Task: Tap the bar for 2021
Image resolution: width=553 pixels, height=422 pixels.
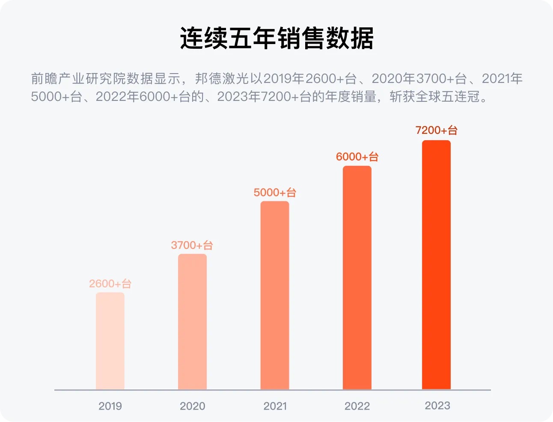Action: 275,295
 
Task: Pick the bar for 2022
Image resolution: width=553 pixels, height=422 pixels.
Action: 357,278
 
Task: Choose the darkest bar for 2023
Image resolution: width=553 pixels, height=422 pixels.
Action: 436,265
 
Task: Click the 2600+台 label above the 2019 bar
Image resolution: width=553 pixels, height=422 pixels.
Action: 110,283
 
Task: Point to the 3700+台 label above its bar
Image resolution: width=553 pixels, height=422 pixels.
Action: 192,245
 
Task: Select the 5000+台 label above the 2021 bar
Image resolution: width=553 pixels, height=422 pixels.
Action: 275,192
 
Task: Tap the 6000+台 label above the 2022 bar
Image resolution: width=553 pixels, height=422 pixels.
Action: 357,157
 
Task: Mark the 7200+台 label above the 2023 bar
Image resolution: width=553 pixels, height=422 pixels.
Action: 436,130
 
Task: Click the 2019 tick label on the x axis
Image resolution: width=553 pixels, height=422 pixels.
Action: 110,406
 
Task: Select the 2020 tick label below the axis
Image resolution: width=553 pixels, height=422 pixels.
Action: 192,406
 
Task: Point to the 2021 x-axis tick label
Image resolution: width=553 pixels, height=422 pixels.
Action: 275,406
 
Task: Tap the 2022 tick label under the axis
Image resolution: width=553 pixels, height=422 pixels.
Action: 357,406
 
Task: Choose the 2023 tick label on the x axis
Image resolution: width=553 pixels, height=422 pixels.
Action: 437,405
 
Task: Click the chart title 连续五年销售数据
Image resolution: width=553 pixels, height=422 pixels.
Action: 276,38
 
